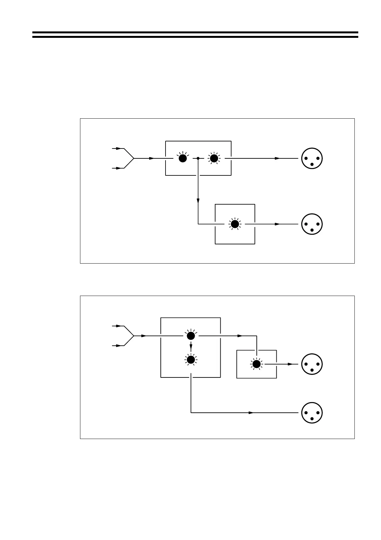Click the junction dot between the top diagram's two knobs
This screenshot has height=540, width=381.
tap(198, 158)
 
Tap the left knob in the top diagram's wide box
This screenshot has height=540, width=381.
tap(182, 158)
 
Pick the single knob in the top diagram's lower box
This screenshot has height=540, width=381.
tap(235, 224)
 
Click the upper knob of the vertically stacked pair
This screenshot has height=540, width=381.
tap(191, 336)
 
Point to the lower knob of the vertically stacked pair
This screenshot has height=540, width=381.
tap(191, 360)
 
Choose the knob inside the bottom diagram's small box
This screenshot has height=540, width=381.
tap(256, 364)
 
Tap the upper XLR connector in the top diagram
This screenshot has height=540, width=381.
tap(312, 158)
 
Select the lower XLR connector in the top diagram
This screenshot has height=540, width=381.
tap(312, 224)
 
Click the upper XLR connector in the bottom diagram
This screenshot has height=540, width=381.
tap(312, 364)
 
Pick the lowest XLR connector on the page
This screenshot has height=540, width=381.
tap(312, 413)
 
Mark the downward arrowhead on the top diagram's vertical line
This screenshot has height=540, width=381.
tap(198, 201)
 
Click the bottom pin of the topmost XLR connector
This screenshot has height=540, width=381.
tap(312, 164)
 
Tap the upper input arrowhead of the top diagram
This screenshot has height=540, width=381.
tap(118, 148)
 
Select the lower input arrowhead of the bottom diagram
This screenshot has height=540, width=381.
tap(118, 346)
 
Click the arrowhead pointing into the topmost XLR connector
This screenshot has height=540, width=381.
tap(277, 158)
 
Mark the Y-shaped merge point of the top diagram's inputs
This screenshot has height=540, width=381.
tap(134, 158)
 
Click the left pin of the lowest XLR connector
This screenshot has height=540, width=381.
tap(306, 411)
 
